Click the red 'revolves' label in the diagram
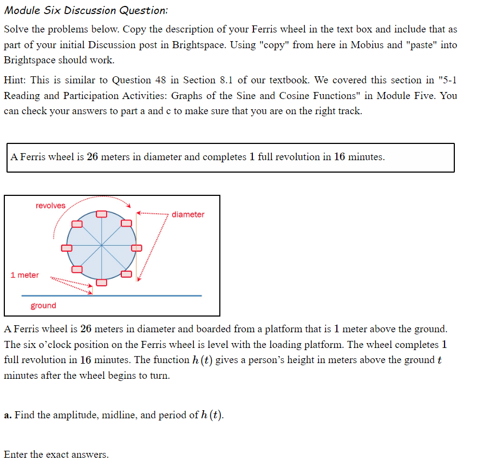point(50,206)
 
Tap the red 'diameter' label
point(188,215)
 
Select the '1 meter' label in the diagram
point(25,275)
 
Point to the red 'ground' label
point(43,306)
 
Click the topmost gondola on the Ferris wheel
point(101,214)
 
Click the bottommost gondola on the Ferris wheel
point(101,282)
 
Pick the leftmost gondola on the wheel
point(67,248)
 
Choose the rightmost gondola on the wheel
point(136,248)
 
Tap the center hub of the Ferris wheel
point(101,248)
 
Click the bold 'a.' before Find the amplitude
point(8,415)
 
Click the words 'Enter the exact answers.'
point(56,455)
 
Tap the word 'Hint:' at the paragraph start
point(15,80)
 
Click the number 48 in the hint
point(161,80)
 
